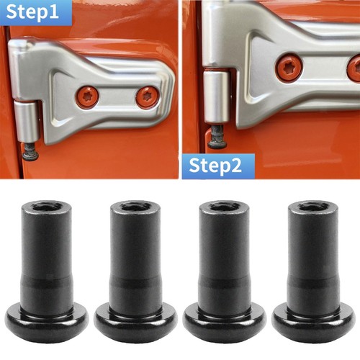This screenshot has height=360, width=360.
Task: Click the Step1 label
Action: (32, 12)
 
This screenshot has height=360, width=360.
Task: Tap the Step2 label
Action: (215, 166)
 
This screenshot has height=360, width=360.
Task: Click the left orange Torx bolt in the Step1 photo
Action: (87, 96)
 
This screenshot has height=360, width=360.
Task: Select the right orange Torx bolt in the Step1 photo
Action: (147, 96)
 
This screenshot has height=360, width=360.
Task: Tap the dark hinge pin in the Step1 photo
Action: (30, 151)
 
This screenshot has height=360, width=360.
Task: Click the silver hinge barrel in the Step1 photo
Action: (27, 121)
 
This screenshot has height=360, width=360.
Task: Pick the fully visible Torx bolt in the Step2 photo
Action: (289, 68)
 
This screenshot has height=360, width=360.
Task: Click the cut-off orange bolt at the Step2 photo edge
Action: (354, 68)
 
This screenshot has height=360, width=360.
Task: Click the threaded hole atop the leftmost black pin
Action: (47, 206)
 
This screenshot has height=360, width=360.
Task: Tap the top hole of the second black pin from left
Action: (135, 206)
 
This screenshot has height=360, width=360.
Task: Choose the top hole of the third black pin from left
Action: (224, 206)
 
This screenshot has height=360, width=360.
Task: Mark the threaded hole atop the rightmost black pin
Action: (313, 206)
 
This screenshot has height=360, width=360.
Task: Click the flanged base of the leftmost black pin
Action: (47, 323)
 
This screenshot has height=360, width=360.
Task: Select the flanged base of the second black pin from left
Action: (135, 323)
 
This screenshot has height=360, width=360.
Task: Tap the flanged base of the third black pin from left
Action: (225, 323)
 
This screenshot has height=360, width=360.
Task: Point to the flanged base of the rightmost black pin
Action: (314, 323)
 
